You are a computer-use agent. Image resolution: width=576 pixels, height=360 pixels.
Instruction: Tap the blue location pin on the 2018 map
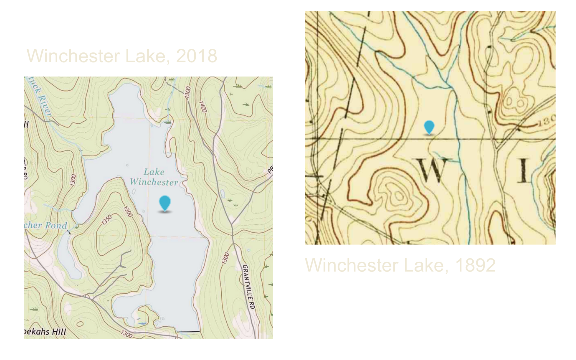tap(165, 203)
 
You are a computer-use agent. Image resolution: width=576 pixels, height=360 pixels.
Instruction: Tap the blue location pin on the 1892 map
tap(429, 127)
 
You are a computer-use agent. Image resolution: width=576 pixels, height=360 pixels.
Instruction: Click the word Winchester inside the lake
tap(154, 182)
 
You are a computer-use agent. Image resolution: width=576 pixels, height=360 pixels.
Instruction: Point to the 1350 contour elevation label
tap(107, 220)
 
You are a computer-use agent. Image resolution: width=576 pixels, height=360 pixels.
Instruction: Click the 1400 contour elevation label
tap(203, 107)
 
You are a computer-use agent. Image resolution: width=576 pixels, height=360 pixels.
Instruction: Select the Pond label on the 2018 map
tap(56, 225)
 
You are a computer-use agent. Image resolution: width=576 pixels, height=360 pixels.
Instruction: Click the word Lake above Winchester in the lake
tap(154, 172)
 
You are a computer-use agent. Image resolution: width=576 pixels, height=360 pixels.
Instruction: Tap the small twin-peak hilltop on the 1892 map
tap(515, 103)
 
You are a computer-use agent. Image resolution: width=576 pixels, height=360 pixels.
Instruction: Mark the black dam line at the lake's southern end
tap(188, 331)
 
